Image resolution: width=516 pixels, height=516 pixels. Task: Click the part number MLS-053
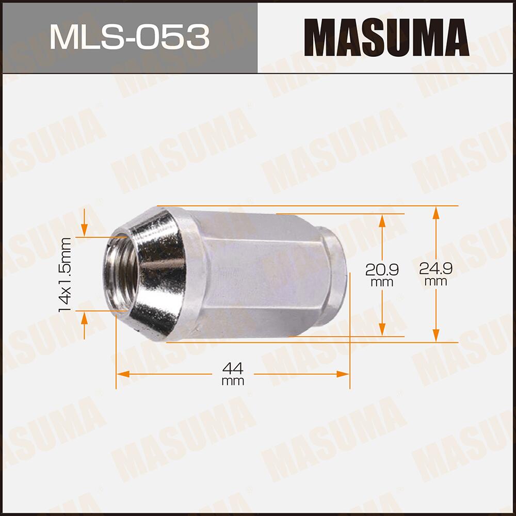point(129,37)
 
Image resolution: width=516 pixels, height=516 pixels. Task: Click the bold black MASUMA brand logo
point(386,37)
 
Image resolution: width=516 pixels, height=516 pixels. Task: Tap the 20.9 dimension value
point(382,269)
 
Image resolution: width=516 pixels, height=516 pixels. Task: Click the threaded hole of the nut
point(121,273)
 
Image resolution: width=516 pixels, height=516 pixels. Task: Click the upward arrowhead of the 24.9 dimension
point(436,212)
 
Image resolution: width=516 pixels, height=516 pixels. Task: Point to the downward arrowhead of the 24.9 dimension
point(436,336)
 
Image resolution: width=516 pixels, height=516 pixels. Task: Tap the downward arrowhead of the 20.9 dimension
point(382,330)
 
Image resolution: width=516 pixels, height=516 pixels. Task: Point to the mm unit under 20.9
point(382,282)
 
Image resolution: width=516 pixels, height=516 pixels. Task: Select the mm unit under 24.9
point(436,282)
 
